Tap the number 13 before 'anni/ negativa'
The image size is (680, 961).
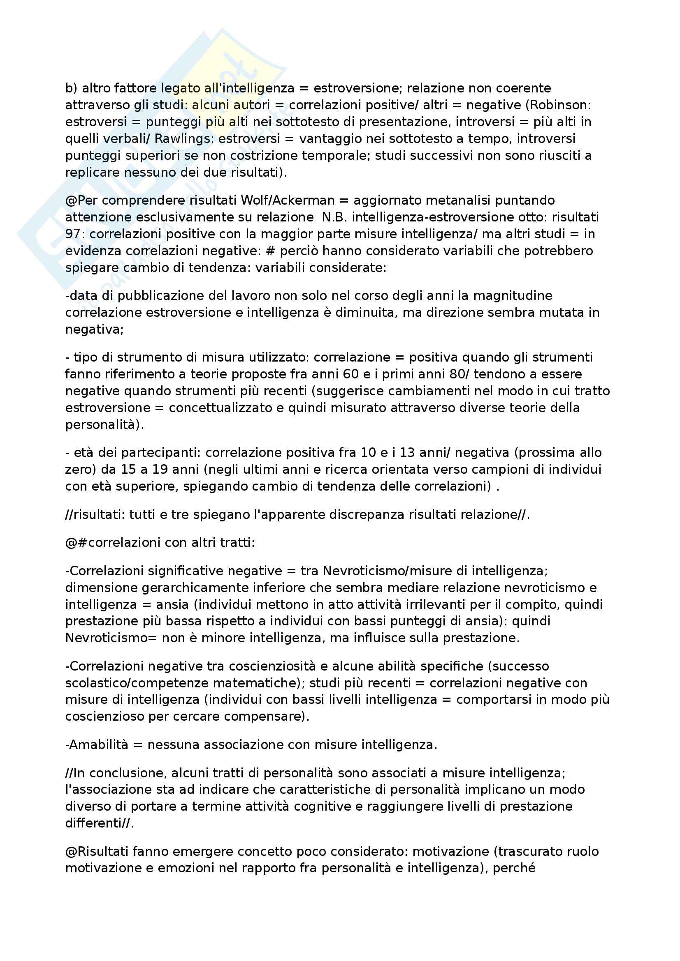408,453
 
